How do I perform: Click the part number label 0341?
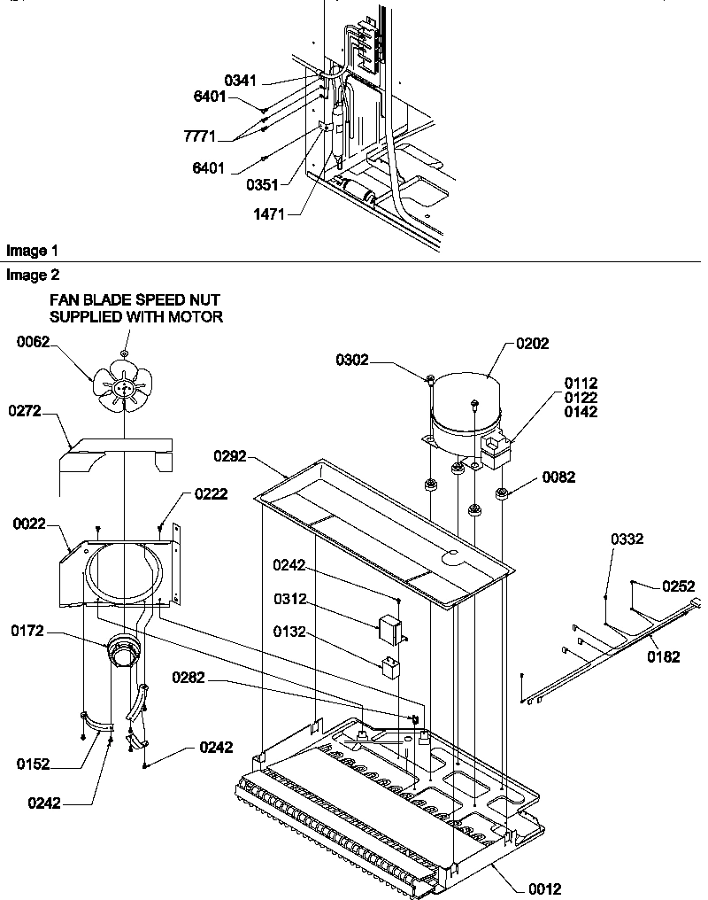[x=240, y=81]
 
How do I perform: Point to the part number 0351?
[x=264, y=184]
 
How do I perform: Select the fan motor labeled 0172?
[x=122, y=656]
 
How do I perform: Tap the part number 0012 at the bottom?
[x=543, y=888]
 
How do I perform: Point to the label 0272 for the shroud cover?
[x=27, y=411]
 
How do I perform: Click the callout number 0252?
[x=678, y=586]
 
